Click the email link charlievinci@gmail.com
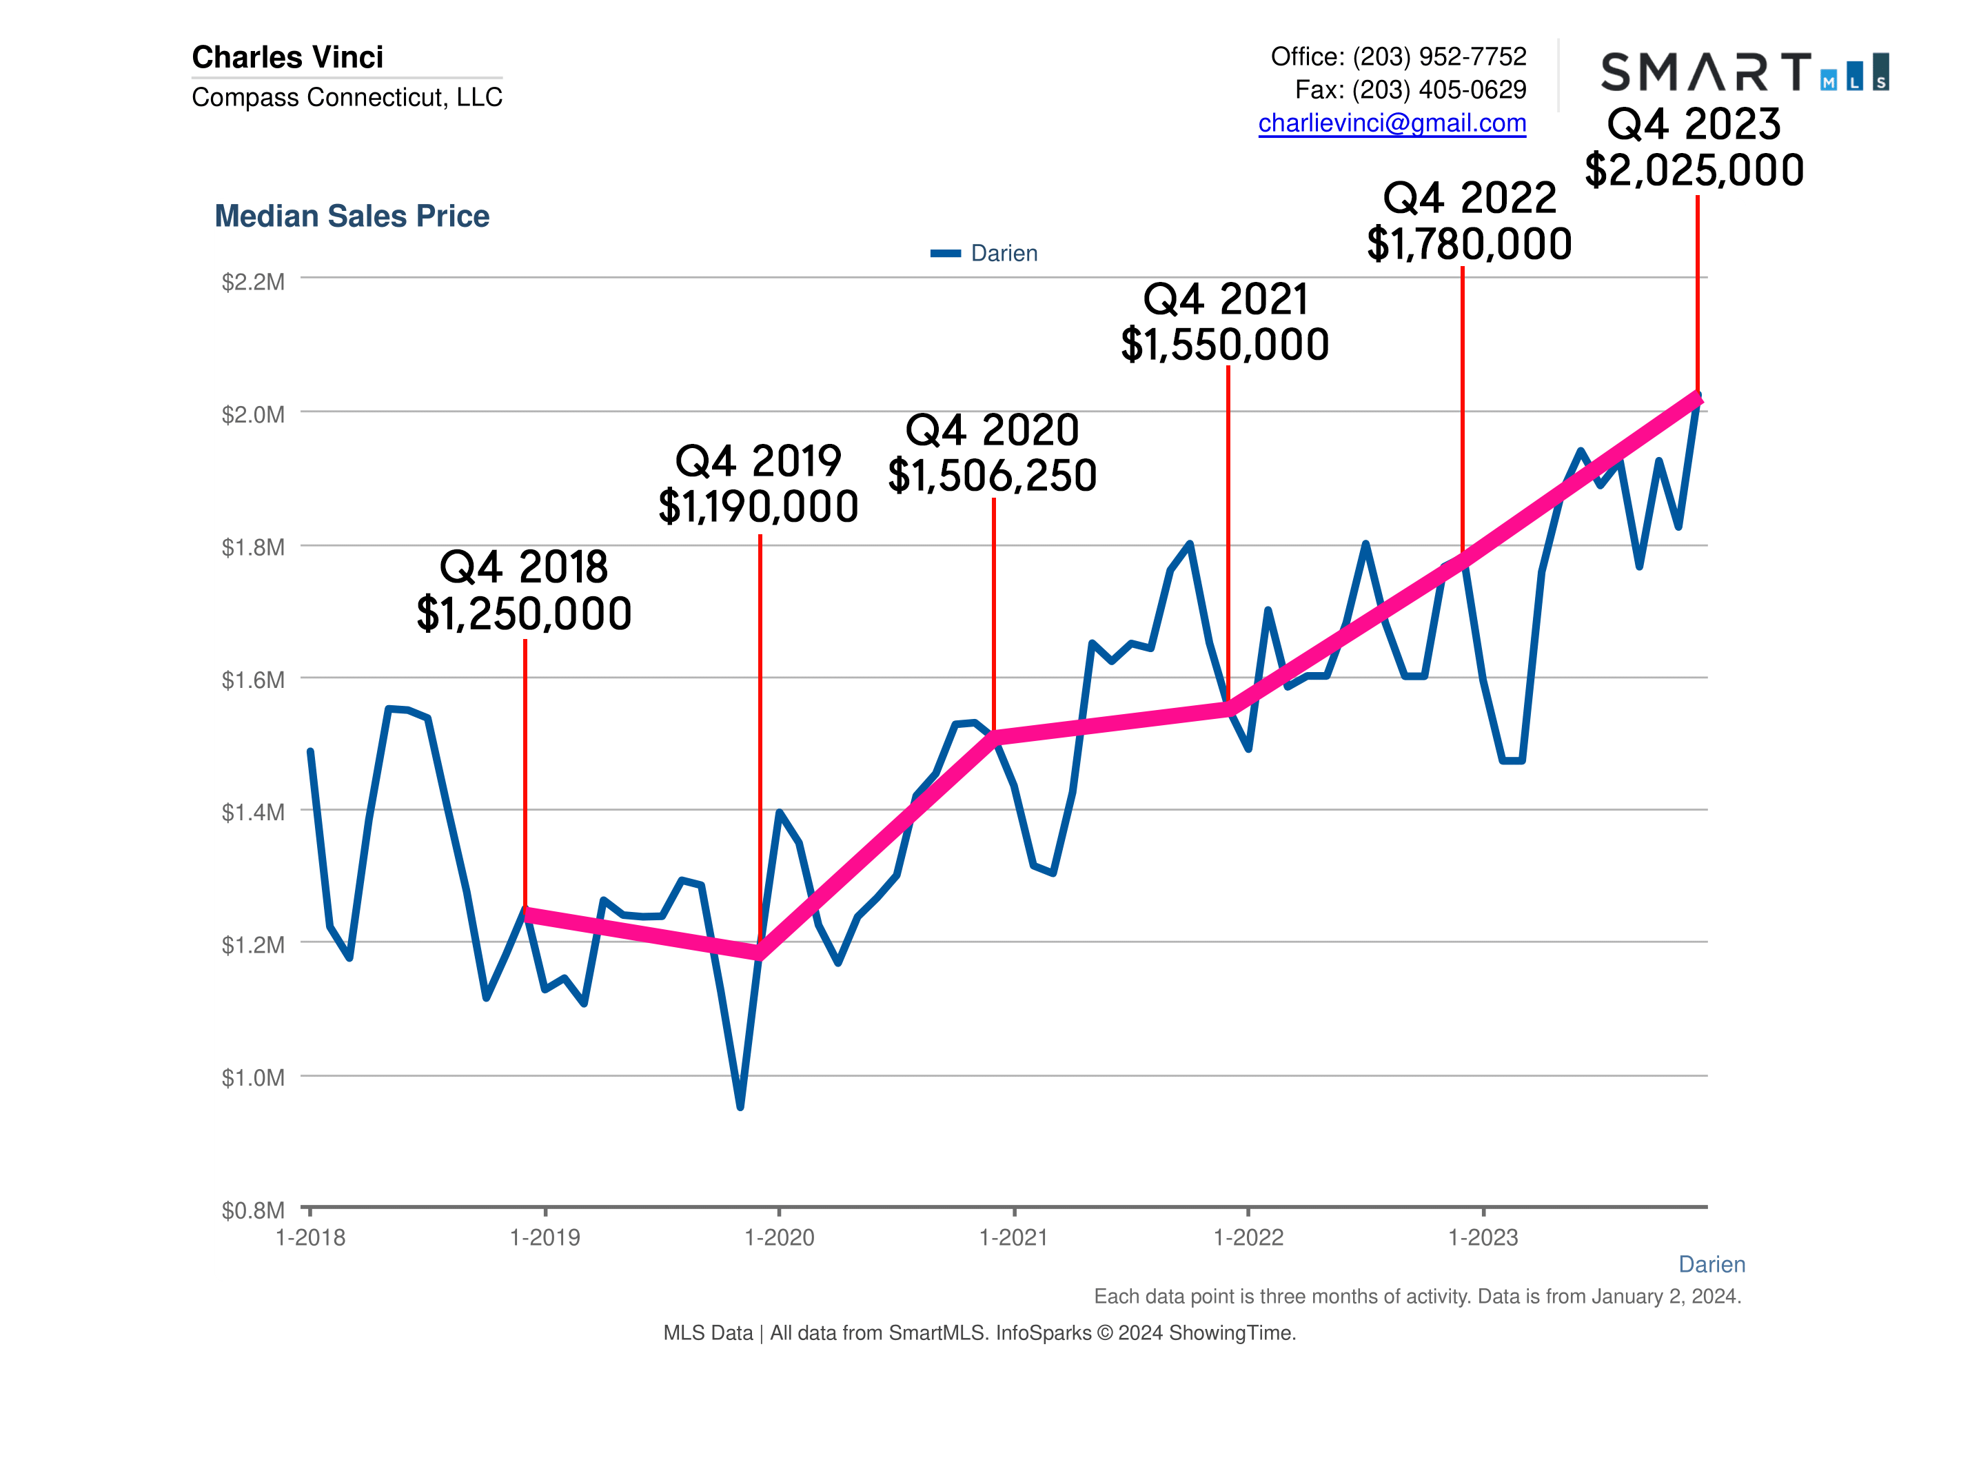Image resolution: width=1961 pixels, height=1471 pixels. pos(1391,123)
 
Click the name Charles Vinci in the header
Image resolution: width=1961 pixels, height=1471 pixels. pos(287,57)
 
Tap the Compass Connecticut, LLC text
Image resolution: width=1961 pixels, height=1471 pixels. pos(347,97)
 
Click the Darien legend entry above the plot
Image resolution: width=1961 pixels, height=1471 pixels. pos(984,253)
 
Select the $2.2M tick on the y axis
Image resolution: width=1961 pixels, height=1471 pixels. pos(253,282)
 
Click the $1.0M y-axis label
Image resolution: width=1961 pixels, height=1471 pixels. pos(253,1077)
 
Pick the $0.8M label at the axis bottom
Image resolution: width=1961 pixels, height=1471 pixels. pos(253,1210)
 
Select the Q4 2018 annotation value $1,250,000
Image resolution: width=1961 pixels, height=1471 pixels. pos(524,613)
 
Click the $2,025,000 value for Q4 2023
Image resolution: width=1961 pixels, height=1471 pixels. pos(1694,170)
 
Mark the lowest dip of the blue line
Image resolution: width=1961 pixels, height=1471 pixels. pos(740,1106)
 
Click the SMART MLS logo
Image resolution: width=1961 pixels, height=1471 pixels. pos(1743,71)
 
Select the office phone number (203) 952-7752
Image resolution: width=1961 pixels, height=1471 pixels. pos(1439,57)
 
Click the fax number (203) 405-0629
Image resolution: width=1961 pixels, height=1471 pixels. pos(1439,90)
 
